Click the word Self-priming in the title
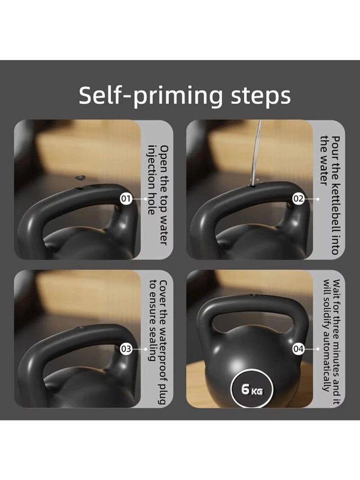[x=150, y=96]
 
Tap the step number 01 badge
[x=126, y=199]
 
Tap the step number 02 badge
[x=298, y=199]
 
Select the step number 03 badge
[x=126, y=349]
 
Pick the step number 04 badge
[x=298, y=349]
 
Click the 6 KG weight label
[x=252, y=390]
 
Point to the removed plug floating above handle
[x=80, y=178]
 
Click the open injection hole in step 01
[x=80, y=189]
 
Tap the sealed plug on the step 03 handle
[x=81, y=329]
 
